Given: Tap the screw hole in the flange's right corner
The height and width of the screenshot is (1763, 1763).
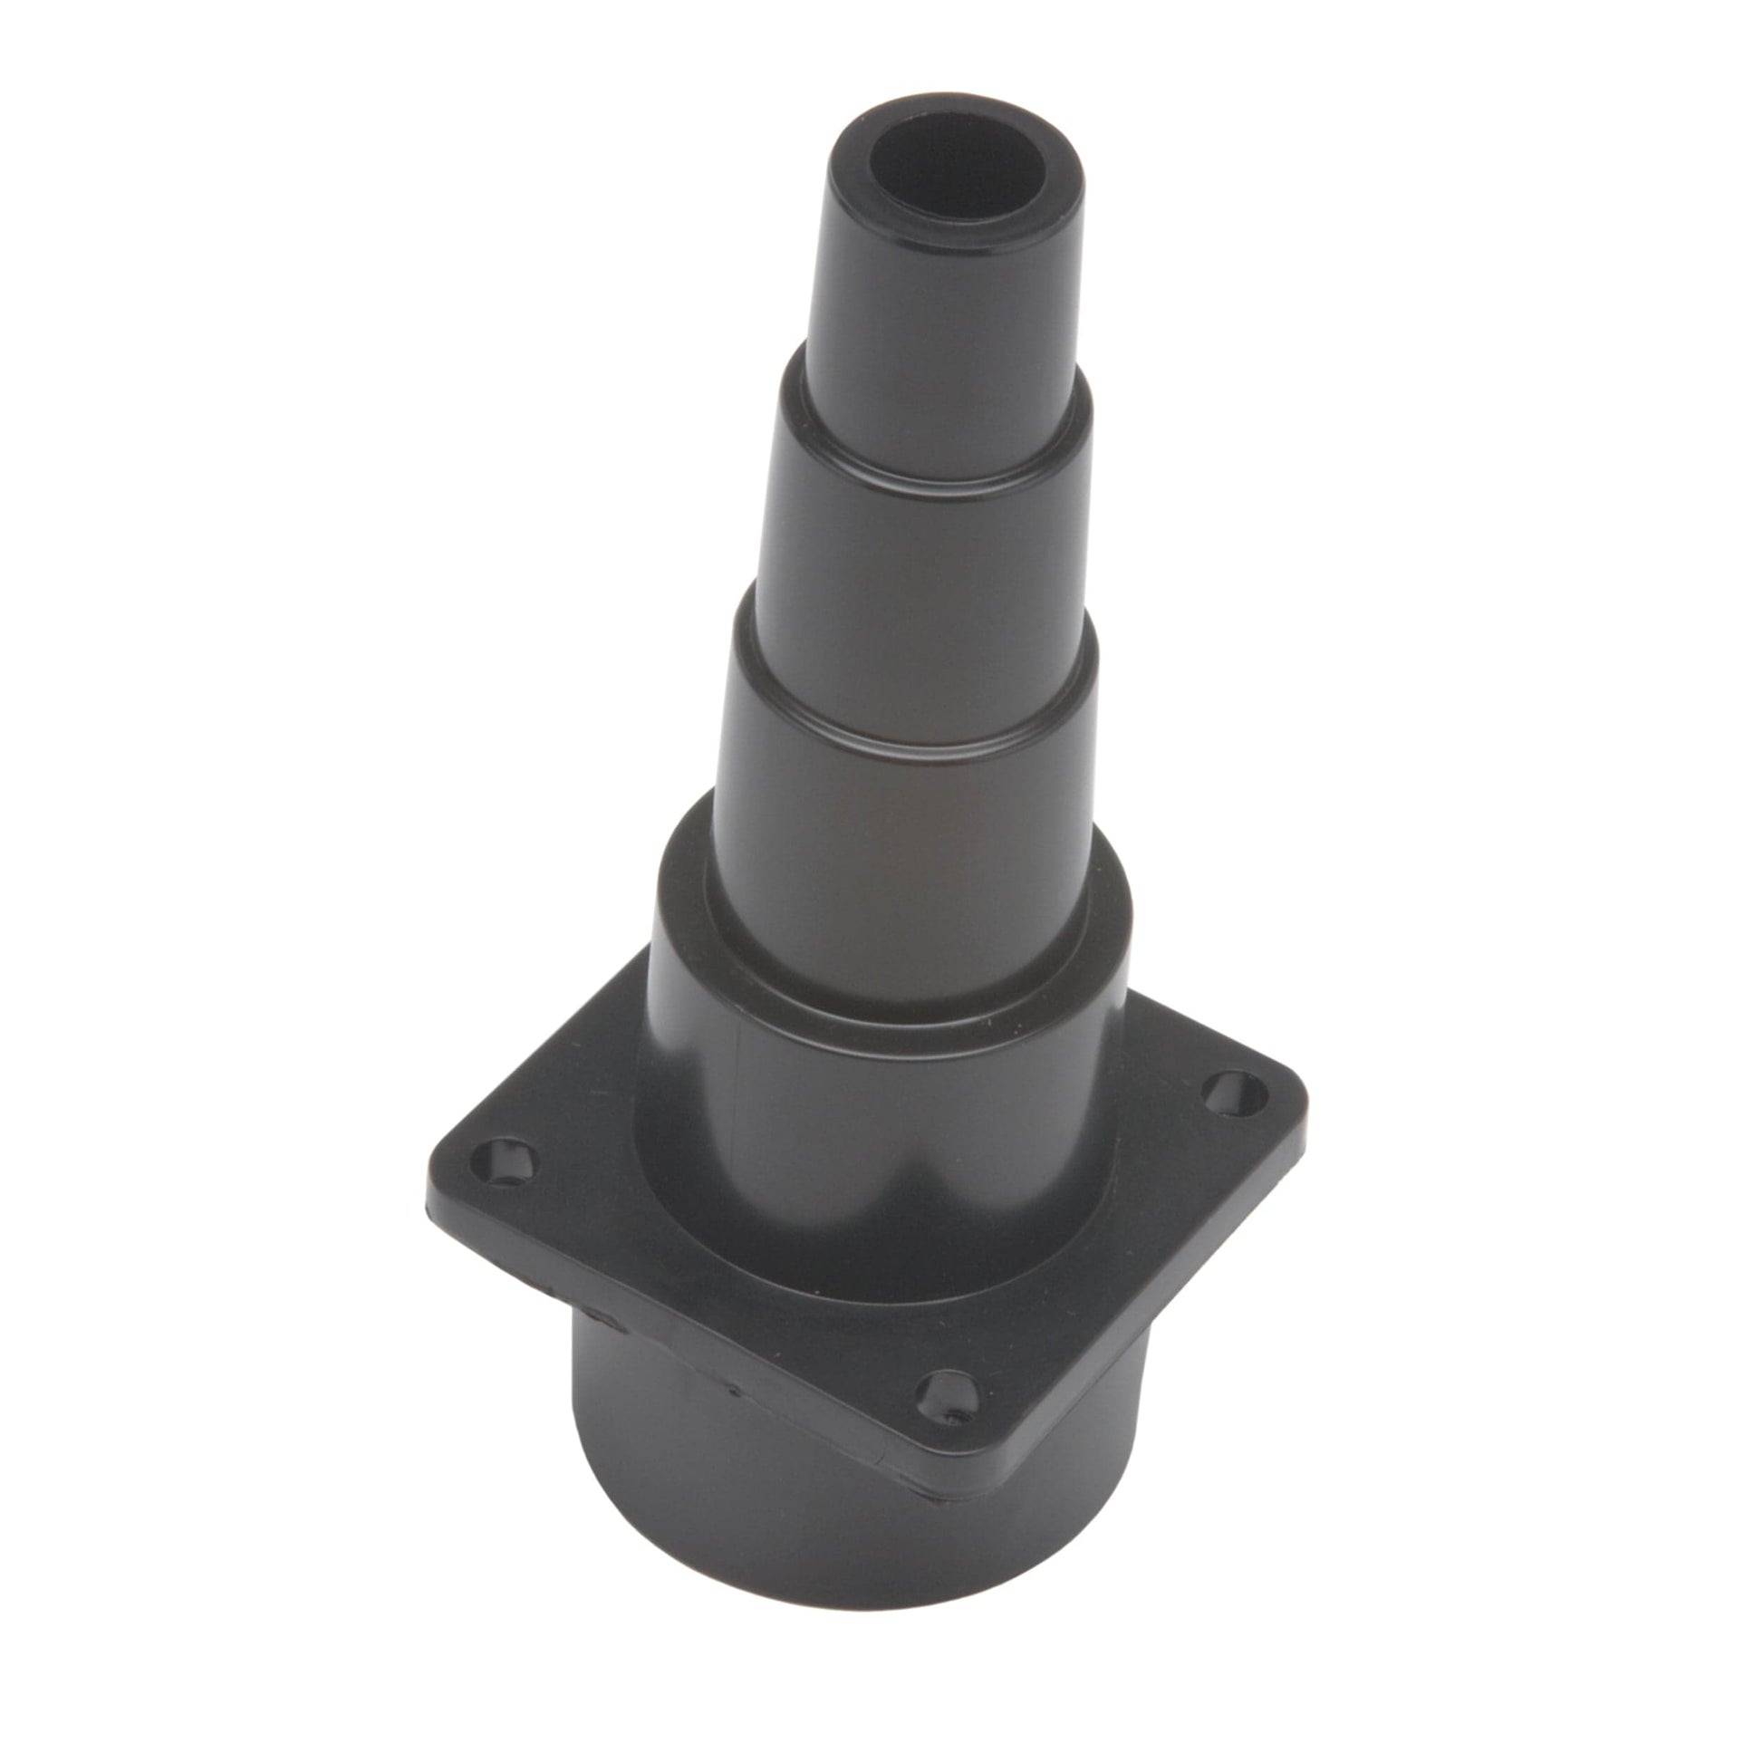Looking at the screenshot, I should (1232, 1092).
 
